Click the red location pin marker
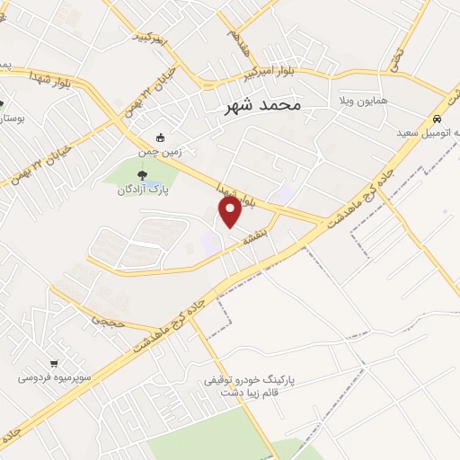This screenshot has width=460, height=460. (230, 212)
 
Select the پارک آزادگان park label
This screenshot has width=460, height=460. (144, 190)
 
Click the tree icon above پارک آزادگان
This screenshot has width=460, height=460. (143, 174)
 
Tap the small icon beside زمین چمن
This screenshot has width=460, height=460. (161, 137)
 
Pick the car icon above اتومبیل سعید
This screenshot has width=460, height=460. (437, 119)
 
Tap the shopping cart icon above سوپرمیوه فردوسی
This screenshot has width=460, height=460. (56, 363)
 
